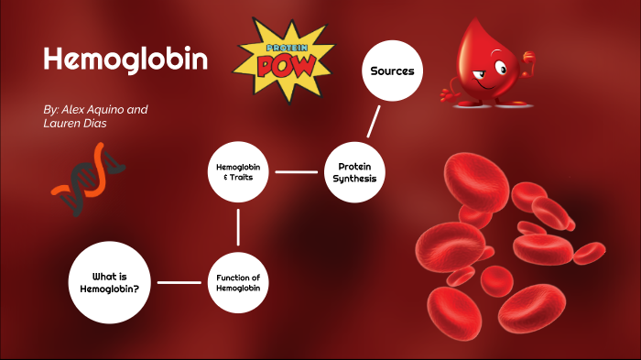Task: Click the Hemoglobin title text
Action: (x=125, y=60)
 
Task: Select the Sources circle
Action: (x=392, y=71)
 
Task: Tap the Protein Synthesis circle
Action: (x=354, y=172)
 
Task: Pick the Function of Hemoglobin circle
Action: (x=238, y=282)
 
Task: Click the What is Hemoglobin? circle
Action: (x=115, y=282)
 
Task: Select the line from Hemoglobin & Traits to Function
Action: (x=238, y=227)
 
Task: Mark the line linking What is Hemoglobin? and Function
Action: (x=179, y=282)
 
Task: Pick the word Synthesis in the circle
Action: (x=354, y=179)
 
